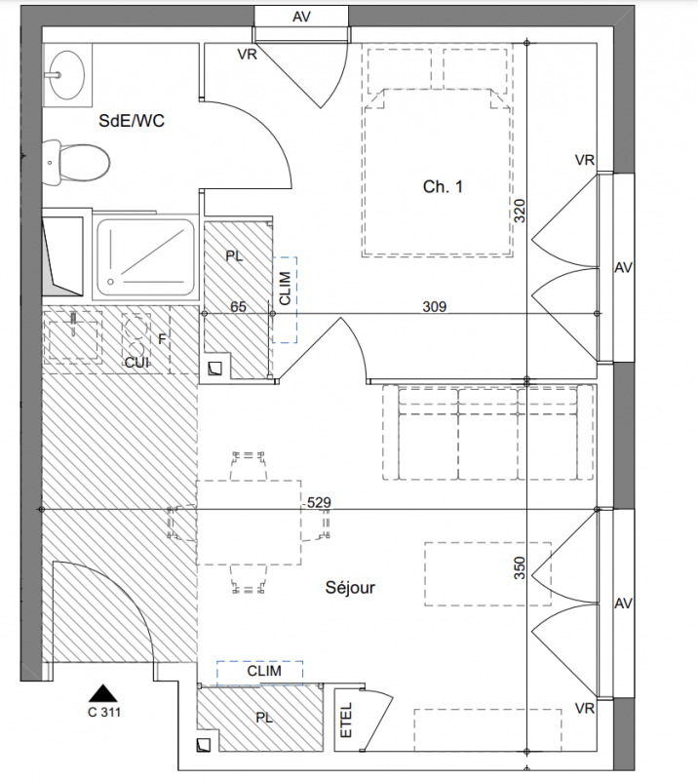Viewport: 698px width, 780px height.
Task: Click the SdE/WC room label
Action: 132,121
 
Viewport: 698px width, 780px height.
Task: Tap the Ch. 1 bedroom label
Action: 443,186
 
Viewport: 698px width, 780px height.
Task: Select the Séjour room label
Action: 350,588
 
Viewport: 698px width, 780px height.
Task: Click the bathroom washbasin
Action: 66,75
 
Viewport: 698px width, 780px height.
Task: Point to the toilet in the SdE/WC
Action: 76,163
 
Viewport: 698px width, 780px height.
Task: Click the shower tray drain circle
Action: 110,282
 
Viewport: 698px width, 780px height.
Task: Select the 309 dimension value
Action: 435,306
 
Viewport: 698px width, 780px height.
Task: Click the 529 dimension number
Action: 319,502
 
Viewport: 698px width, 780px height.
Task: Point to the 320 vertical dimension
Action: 519,211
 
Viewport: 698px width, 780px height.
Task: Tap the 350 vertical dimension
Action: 519,568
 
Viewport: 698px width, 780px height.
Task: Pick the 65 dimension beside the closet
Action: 238,306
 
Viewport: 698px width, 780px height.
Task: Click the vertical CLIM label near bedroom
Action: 285,288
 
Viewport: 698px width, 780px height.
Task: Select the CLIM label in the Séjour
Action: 264,671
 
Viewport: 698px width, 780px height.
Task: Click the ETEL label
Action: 346,720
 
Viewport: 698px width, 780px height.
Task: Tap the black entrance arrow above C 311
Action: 103,693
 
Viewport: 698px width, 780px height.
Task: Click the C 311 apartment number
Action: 104,713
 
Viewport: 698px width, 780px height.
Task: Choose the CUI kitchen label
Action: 136,362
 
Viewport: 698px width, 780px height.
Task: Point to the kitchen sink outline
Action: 73,334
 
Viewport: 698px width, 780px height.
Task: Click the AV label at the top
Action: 301,17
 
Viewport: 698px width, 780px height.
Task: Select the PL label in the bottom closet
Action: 264,718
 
